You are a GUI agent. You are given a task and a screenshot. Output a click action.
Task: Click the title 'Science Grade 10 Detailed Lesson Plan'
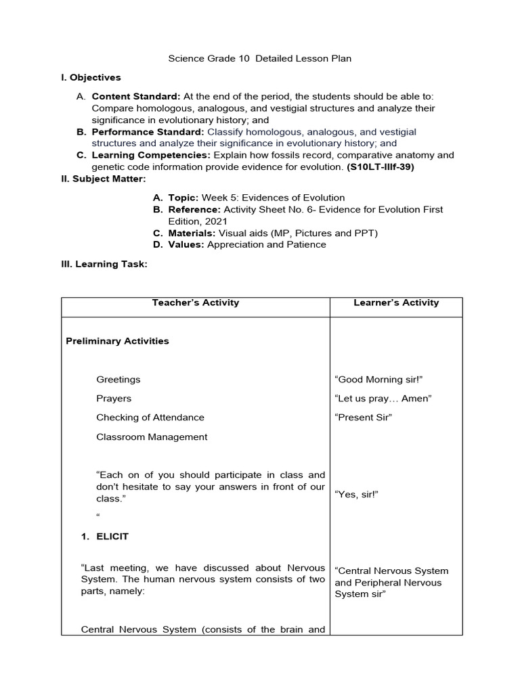point(260,59)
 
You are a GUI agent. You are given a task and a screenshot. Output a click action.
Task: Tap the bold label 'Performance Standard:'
point(148,131)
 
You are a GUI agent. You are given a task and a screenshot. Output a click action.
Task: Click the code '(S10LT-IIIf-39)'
point(381,166)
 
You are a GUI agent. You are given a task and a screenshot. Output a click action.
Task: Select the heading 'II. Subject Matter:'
point(103,179)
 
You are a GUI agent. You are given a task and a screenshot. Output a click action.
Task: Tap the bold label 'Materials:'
point(192,233)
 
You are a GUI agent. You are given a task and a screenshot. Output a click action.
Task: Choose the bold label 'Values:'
point(186,244)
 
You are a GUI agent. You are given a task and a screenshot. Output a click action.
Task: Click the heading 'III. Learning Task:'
point(104,264)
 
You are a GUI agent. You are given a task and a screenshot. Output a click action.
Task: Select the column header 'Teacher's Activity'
point(196,303)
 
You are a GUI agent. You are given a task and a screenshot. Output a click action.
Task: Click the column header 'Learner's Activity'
point(396,303)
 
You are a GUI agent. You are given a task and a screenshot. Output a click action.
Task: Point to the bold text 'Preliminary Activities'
point(117,341)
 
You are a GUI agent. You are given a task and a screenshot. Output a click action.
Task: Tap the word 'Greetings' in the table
point(118,380)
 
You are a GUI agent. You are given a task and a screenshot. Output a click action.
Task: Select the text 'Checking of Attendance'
point(150,418)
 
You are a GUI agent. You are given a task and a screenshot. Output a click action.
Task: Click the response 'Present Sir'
point(364,418)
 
